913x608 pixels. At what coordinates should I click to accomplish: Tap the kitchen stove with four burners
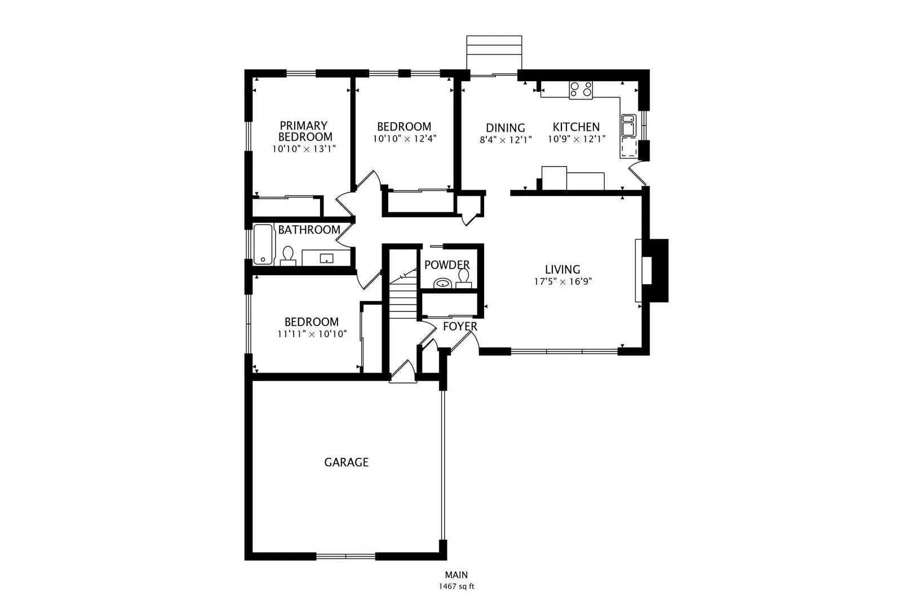[581, 90]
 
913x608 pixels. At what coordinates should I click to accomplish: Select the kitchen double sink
[628, 125]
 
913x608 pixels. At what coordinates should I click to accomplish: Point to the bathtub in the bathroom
[263, 244]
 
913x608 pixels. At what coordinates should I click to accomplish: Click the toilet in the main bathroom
[288, 256]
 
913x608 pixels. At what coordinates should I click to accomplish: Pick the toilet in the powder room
[464, 279]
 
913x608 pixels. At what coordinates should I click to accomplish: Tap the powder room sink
[442, 283]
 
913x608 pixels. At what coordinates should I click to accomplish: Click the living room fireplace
[651, 270]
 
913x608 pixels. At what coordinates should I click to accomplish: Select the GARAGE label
[347, 462]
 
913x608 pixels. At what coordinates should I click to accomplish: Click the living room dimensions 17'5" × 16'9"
[563, 281]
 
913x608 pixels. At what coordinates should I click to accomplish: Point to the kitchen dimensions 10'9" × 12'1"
[577, 139]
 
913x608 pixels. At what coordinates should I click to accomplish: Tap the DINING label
[506, 128]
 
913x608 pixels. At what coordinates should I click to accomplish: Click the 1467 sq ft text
[456, 587]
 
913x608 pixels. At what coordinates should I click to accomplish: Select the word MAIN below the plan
[456, 575]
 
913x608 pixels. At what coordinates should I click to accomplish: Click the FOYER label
[460, 326]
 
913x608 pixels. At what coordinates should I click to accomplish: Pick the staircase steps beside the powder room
[403, 297]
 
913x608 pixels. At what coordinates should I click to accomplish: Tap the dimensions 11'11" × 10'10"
[312, 334]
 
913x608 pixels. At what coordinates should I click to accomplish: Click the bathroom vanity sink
[326, 258]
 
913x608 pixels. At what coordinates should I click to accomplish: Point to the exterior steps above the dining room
[494, 55]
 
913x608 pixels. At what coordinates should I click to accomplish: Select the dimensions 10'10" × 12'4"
[405, 139]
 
